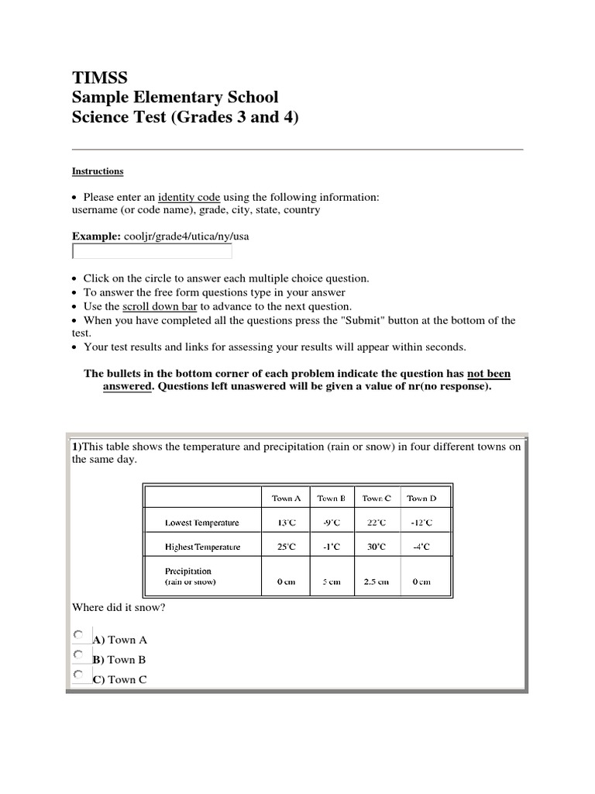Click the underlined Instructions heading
coord(98,171)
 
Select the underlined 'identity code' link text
coord(189,197)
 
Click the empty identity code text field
coord(152,251)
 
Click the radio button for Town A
coord(79,635)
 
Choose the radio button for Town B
coord(79,655)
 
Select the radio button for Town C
coord(79,675)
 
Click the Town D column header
coord(421,499)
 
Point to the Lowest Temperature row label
coord(202,523)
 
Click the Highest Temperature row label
coord(203,547)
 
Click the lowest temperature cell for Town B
coord(332,523)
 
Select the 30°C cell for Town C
coord(377,547)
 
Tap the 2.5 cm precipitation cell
coord(377,582)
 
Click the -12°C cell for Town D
coord(421,523)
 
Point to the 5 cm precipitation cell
coord(332,582)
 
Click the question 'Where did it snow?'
coord(119,608)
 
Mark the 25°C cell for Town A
coord(287,547)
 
